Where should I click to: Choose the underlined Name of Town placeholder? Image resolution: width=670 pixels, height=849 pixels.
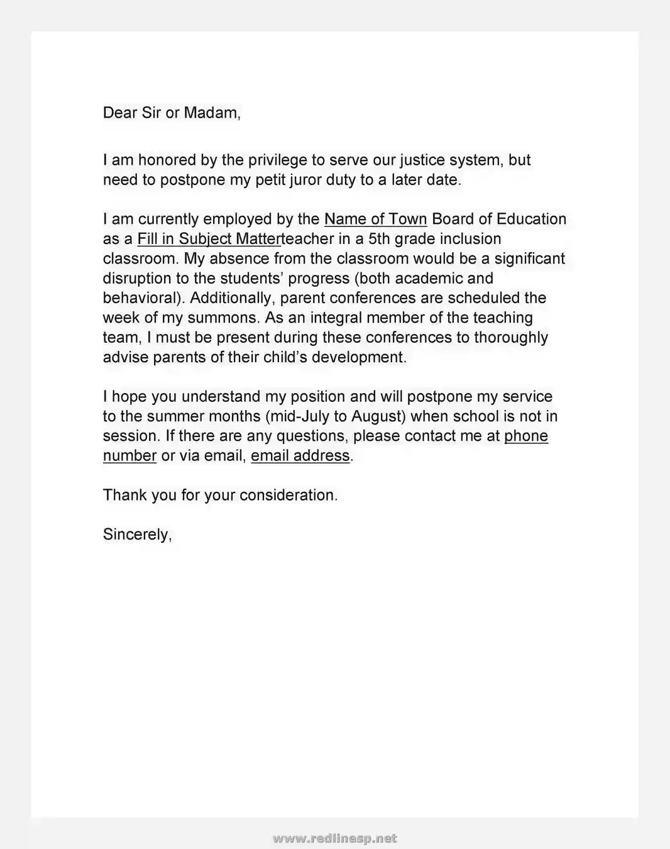click(375, 219)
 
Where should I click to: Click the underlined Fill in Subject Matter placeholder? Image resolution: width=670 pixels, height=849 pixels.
click(209, 239)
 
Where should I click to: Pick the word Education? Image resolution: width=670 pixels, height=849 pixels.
click(531, 219)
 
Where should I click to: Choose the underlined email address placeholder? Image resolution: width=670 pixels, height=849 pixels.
click(300, 456)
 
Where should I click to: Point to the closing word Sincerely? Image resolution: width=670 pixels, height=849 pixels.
click(137, 535)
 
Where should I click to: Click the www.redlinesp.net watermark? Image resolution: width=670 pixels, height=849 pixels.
click(335, 838)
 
